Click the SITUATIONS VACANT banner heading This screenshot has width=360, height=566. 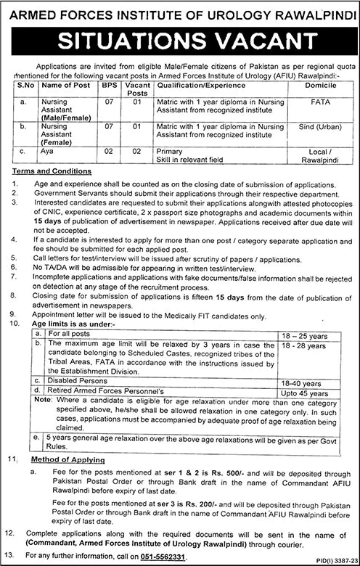click(x=179, y=38)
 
